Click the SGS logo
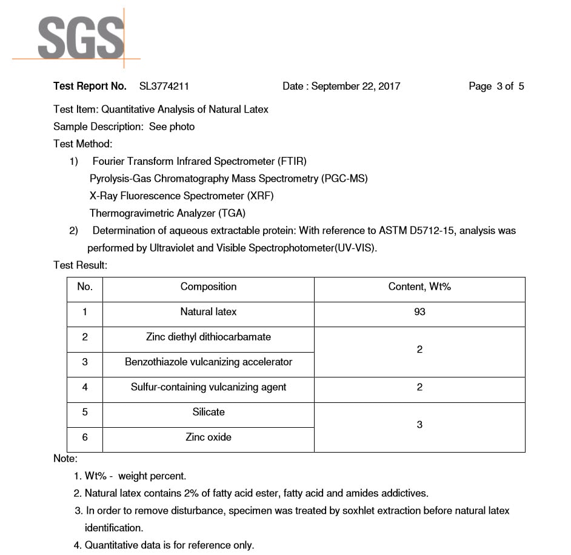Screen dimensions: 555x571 point(81,38)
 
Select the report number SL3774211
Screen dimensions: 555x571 point(164,86)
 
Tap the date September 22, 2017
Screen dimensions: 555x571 point(356,86)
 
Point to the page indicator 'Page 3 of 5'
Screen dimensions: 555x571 point(496,86)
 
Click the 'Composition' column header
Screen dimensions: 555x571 point(209,287)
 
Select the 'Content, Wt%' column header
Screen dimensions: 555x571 point(419,287)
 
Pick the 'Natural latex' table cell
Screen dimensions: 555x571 point(209,311)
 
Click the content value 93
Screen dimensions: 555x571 point(419,312)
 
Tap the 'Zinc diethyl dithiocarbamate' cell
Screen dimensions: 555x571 point(209,337)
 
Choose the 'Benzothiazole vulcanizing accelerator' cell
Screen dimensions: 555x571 point(209,362)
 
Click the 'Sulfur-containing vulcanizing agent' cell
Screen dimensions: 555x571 point(209,387)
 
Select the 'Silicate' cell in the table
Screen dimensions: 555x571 point(209,412)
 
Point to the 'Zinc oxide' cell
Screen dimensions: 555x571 point(209,437)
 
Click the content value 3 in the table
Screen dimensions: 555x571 point(419,425)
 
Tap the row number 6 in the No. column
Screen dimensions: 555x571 point(85,437)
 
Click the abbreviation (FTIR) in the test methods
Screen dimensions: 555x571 point(292,161)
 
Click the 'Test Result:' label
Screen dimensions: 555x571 point(80,265)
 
